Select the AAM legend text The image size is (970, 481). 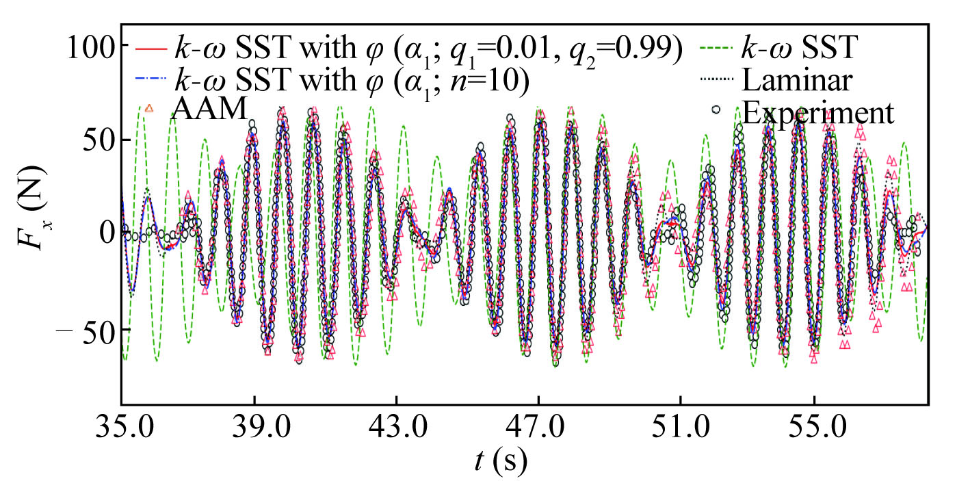208,109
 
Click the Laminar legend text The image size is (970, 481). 797,81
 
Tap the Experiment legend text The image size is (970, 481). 818,112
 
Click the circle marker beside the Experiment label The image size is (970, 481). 715,109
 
